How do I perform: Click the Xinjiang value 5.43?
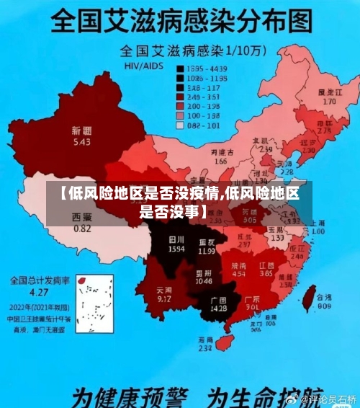81,142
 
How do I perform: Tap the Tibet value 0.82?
82,229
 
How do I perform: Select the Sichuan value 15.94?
176,248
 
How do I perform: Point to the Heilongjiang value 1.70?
330,102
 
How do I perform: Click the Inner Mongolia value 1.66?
220,161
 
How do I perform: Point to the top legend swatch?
181,68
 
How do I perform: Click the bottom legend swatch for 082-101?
181,125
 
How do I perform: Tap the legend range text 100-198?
203,115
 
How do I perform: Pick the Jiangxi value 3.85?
266,274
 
